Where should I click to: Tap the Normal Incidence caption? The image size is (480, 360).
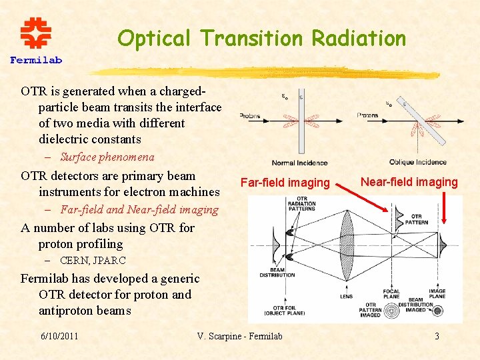click(299, 162)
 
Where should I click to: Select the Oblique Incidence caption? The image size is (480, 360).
click(418, 162)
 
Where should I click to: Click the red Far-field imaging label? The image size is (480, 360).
click(285, 182)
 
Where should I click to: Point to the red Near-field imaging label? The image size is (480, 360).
click(409, 181)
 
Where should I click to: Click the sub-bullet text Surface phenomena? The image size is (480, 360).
click(107, 157)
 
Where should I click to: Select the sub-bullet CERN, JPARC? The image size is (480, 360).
click(93, 261)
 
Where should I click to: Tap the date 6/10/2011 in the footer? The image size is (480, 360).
click(59, 335)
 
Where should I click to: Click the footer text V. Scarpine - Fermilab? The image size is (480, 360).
click(240, 335)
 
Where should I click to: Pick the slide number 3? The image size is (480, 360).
click(437, 335)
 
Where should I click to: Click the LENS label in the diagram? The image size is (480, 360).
click(346, 296)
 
